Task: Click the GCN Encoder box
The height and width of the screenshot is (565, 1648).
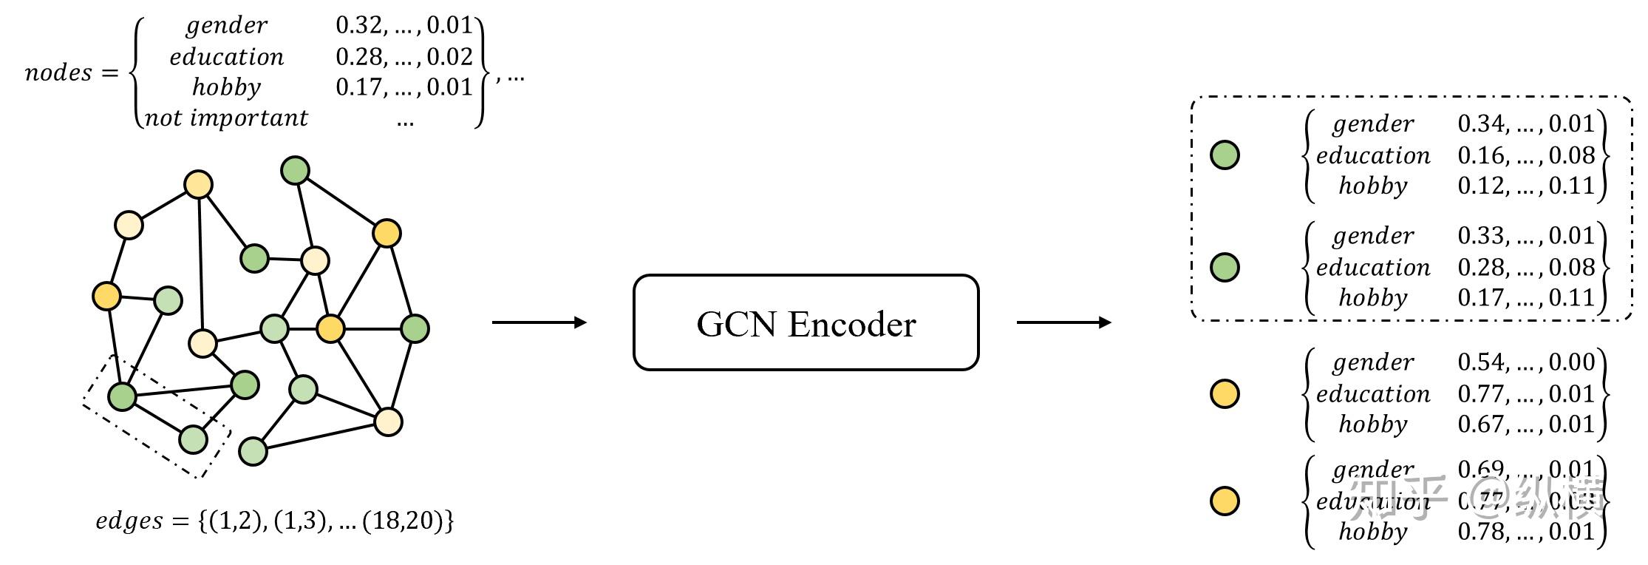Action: pos(806,323)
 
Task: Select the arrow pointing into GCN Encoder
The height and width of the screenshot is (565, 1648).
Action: pos(539,322)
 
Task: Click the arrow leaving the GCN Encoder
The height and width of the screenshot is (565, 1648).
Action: pos(1063,322)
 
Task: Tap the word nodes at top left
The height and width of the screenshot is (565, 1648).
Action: pos(58,72)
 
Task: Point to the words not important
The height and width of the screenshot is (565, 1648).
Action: pos(225,118)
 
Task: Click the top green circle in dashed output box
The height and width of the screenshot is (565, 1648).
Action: pos(1225,155)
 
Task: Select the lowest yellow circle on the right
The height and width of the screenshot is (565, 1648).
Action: pos(1225,501)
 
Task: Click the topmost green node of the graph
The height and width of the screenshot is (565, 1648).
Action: pos(296,171)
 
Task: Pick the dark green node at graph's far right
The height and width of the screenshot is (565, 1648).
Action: pos(415,328)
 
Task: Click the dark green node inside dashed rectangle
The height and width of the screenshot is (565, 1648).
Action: pos(123,396)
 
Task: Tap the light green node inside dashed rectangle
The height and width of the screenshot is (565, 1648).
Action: pos(194,439)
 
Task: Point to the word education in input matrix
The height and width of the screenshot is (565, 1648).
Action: pos(226,57)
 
